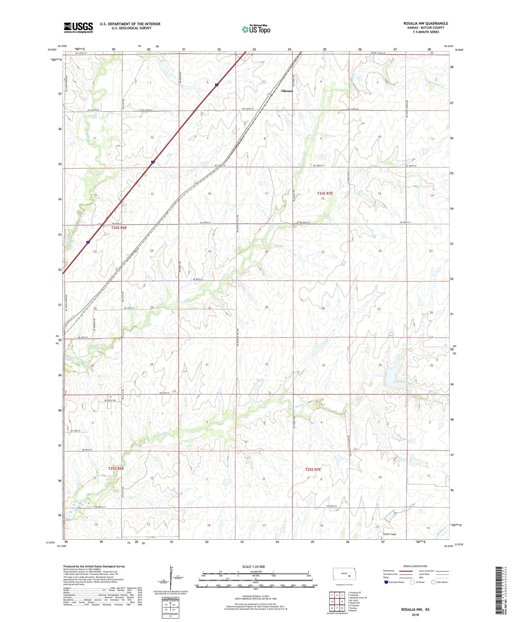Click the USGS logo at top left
click(78, 27)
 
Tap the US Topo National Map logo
click(256, 29)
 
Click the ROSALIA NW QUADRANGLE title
click(426, 24)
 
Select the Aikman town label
click(287, 91)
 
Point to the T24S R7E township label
click(325, 193)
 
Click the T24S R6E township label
click(119, 228)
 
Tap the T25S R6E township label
click(116, 468)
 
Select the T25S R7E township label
click(313, 470)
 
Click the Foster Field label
click(389, 534)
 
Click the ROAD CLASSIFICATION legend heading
click(415, 566)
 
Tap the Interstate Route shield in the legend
click(386, 582)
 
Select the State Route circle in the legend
click(433, 582)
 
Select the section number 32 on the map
click(267, 364)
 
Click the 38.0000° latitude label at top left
click(52, 50)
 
